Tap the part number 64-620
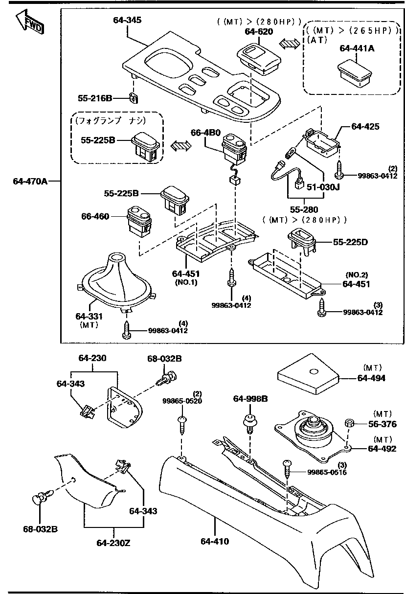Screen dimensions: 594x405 [x=259, y=31]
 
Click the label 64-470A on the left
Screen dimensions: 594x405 [x=30, y=181]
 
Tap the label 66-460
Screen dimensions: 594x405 [x=95, y=216]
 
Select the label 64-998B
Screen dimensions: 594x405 [x=250, y=399]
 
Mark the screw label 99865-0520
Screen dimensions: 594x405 [x=182, y=401]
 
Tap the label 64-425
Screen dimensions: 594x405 [x=365, y=126]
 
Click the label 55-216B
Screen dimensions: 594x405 [x=95, y=98]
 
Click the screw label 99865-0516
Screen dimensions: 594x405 [x=327, y=472]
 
